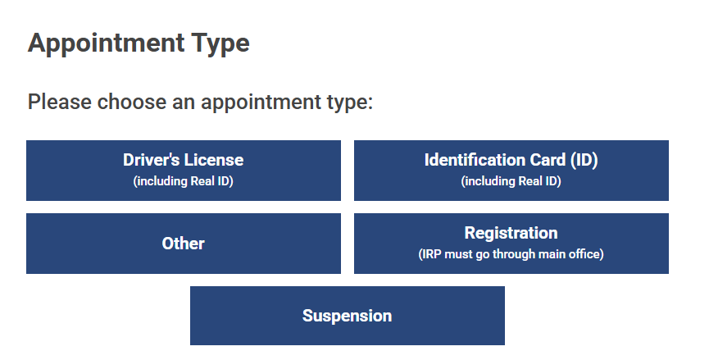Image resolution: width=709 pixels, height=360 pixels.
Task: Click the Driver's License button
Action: click(x=184, y=171)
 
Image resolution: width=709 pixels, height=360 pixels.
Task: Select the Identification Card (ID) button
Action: click(x=511, y=171)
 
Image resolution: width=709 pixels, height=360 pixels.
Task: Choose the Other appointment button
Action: click(x=184, y=244)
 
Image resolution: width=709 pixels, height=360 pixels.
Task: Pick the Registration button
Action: click(x=511, y=244)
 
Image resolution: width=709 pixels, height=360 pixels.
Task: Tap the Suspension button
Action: click(x=348, y=316)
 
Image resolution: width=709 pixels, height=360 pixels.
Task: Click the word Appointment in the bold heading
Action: click(x=107, y=43)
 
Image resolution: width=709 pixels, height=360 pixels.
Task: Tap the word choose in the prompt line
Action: click(x=132, y=102)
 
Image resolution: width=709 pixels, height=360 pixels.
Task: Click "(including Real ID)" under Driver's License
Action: click(x=183, y=181)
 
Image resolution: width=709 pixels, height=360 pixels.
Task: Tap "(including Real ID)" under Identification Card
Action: click(x=511, y=181)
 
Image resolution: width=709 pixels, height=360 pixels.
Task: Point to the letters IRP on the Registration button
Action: click(x=431, y=254)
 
